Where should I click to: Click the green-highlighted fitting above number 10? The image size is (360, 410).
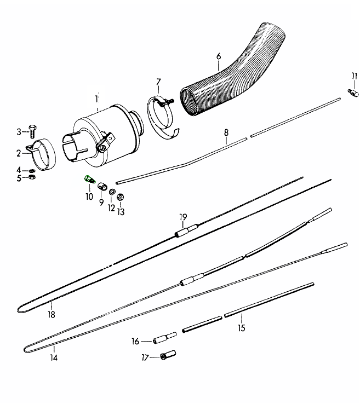click(89, 179)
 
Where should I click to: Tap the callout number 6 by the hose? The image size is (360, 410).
click(219, 56)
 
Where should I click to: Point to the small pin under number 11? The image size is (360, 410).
click(353, 93)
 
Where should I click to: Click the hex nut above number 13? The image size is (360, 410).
click(120, 197)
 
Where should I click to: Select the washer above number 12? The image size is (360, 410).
click(112, 192)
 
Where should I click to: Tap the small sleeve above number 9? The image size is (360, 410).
click(102, 187)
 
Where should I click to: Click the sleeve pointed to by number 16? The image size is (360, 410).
click(165, 338)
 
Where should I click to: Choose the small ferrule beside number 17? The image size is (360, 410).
click(168, 355)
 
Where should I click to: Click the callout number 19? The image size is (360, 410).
click(183, 217)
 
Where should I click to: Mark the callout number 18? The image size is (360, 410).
click(52, 314)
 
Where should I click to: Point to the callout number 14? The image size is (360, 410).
click(54, 357)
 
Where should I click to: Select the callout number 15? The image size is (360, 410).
click(242, 328)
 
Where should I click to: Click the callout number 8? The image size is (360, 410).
click(226, 132)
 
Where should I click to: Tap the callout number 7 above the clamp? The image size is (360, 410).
click(158, 82)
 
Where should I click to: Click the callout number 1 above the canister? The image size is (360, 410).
click(96, 99)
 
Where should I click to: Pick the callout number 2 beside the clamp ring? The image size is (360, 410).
click(19, 153)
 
